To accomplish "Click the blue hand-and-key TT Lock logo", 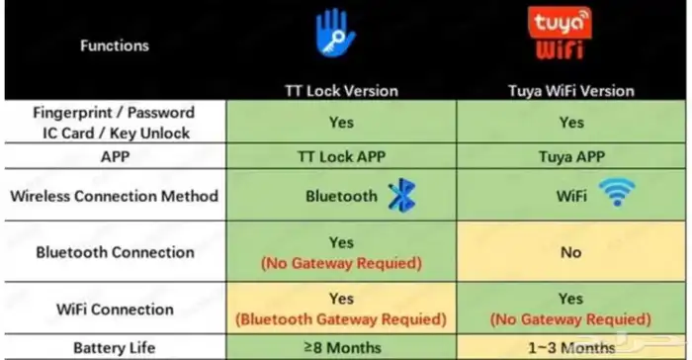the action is click(335, 33).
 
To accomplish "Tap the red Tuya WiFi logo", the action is click(560, 33).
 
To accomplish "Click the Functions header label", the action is click(115, 45).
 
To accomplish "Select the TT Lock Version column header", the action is click(342, 91).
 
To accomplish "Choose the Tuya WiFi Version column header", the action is click(571, 91).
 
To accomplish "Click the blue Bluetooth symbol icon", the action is click(402, 195).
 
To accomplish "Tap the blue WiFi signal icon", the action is click(617, 192).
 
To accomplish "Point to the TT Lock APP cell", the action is click(342, 157).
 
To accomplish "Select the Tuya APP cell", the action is click(571, 157).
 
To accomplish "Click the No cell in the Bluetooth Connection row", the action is click(571, 252).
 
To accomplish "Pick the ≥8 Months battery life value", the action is click(342, 347).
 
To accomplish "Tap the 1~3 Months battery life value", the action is click(571, 348).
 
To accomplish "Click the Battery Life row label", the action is click(115, 348).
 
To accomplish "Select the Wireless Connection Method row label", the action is click(115, 196).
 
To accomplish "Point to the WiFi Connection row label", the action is click(115, 310).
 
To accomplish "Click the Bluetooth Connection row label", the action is click(116, 252).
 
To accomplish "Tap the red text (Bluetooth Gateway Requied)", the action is click(341, 319).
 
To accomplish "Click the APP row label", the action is click(115, 157).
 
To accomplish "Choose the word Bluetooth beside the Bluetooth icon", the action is click(342, 196).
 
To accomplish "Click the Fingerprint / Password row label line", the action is click(114, 113).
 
